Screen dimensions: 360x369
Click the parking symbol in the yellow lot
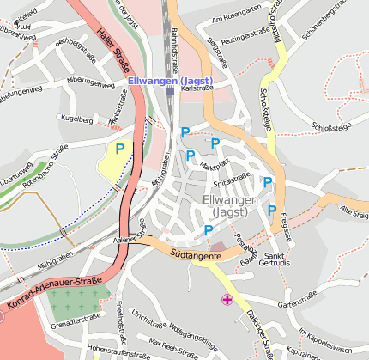tap(119, 149)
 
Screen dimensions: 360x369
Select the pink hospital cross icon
tap(227, 299)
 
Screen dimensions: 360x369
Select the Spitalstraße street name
tap(231, 182)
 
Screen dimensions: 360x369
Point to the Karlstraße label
tap(197, 88)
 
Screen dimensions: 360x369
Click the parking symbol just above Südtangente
tap(209, 230)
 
